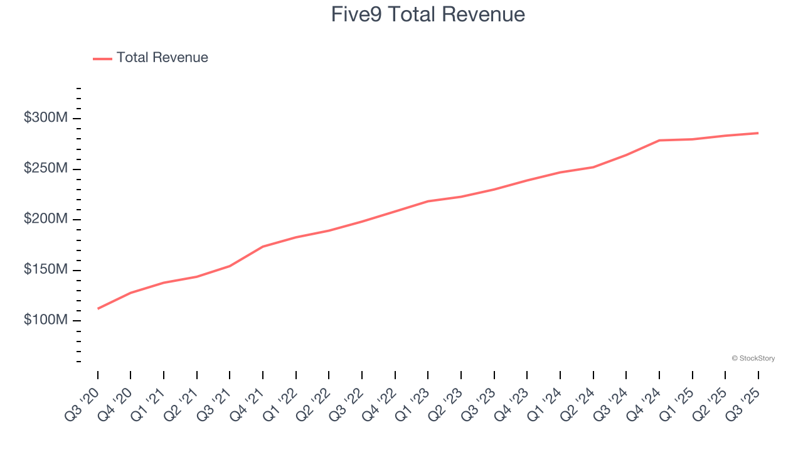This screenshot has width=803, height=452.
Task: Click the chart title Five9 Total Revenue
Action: (x=428, y=14)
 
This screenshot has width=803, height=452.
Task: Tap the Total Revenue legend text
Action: (x=162, y=58)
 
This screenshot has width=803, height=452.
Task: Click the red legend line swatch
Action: (x=102, y=58)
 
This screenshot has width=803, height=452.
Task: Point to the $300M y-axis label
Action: (x=45, y=118)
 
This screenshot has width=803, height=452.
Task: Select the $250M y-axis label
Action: (x=45, y=169)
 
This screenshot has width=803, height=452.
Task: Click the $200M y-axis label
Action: (x=45, y=219)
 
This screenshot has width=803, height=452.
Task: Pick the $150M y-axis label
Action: (x=45, y=270)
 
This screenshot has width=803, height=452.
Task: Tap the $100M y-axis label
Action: (x=45, y=320)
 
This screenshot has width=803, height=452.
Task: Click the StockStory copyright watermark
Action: (x=753, y=358)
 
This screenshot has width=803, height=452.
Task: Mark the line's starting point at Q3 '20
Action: (x=98, y=308)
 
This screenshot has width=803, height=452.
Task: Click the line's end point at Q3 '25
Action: (x=758, y=133)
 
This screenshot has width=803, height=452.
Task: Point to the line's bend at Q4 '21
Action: (x=263, y=247)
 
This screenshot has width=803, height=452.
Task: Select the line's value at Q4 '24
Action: (x=659, y=140)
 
